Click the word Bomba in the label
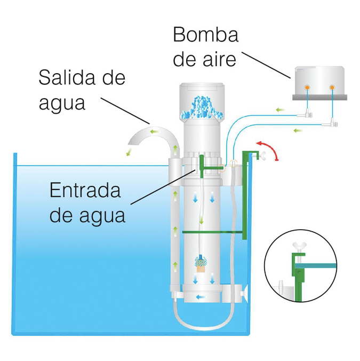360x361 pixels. [205, 35]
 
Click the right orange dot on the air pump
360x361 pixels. [332, 87]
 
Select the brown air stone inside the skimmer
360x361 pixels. [201, 266]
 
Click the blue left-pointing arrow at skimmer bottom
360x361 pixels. [202, 296]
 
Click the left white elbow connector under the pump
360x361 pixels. [306, 113]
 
